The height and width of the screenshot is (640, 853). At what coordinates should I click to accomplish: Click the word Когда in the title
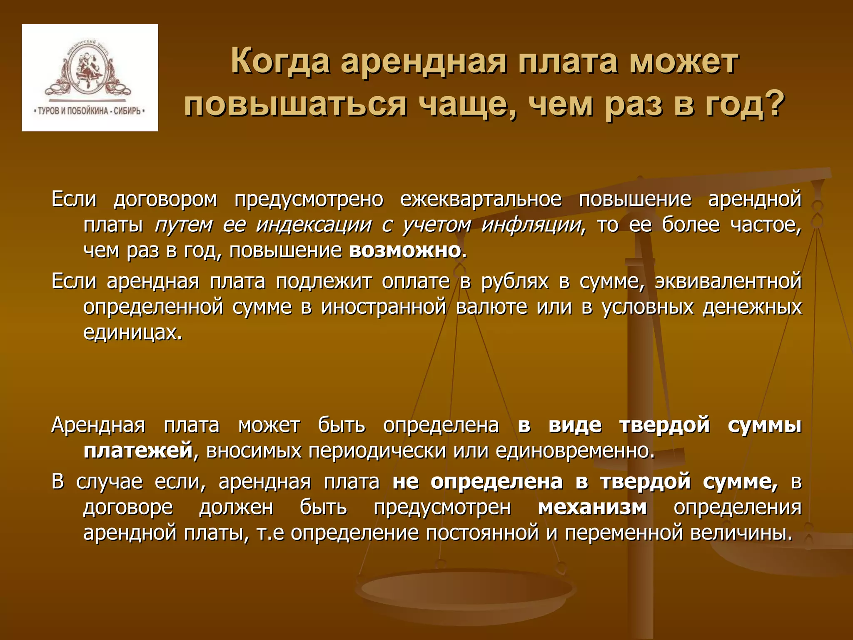tap(280, 62)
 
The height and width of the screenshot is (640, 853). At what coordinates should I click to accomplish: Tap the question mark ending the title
tap(773, 103)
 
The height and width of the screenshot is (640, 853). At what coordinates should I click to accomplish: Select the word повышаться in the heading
tap(295, 104)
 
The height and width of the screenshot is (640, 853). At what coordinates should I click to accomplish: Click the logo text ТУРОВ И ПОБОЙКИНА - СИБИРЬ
tap(90, 111)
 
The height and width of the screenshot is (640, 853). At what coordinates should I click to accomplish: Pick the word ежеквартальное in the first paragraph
tap(481, 199)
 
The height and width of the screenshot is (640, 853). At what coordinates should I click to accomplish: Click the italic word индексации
tap(314, 225)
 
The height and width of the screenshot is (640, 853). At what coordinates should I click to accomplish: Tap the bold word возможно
tap(405, 251)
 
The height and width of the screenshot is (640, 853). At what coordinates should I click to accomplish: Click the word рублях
tap(515, 281)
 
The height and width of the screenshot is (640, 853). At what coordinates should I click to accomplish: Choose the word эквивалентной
tap(728, 281)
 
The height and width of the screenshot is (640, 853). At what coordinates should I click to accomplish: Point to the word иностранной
tap(384, 307)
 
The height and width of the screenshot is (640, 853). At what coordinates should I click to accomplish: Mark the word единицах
tap(132, 333)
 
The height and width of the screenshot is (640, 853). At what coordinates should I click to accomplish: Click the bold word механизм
tap(592, 507)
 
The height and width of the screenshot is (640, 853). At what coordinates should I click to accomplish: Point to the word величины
tap(741, 533)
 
